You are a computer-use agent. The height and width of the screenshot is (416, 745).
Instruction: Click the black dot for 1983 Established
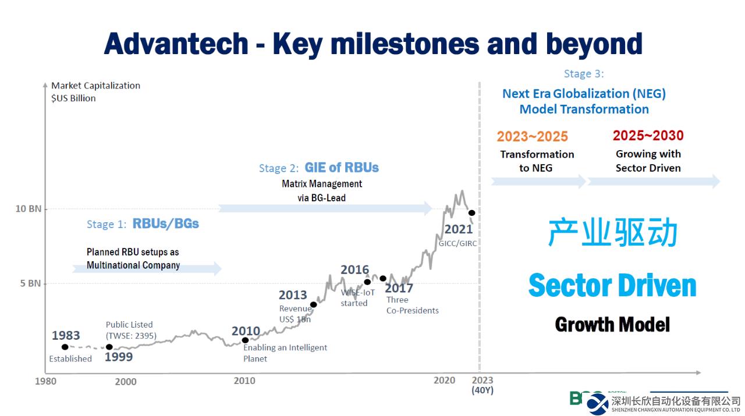point(65,347)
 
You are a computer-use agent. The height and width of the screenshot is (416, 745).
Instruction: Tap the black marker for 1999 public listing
point(109,347)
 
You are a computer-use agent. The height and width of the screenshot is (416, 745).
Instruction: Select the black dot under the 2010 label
point(245,340)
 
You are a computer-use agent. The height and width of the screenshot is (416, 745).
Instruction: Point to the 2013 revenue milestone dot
point(314,304)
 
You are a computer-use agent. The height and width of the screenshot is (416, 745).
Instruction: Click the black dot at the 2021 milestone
point(472,213)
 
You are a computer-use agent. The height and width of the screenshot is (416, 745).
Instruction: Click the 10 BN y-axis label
point(28,208)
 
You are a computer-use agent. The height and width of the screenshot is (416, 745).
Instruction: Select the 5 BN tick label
point(30,283)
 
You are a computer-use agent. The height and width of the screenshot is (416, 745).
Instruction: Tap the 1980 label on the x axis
point(46,382)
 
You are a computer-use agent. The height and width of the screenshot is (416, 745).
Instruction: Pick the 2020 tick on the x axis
point(444,381)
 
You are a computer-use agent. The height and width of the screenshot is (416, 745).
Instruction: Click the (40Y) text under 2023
point(482,390)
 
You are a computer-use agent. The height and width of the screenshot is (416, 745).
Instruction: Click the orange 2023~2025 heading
point(532,137)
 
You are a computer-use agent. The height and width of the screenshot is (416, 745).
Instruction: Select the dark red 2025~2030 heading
point(648,136)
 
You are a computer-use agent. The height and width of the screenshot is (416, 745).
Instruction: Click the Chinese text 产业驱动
point(613,233)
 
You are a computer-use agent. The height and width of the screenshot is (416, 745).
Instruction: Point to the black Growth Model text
point(612,324)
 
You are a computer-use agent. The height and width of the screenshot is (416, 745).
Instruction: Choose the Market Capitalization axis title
point(95,86)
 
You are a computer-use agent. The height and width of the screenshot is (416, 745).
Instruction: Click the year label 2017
point(399,288)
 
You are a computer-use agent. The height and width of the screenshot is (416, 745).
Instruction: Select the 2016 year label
point(354,270)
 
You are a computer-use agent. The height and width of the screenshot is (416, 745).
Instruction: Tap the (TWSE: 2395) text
point(131,335)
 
